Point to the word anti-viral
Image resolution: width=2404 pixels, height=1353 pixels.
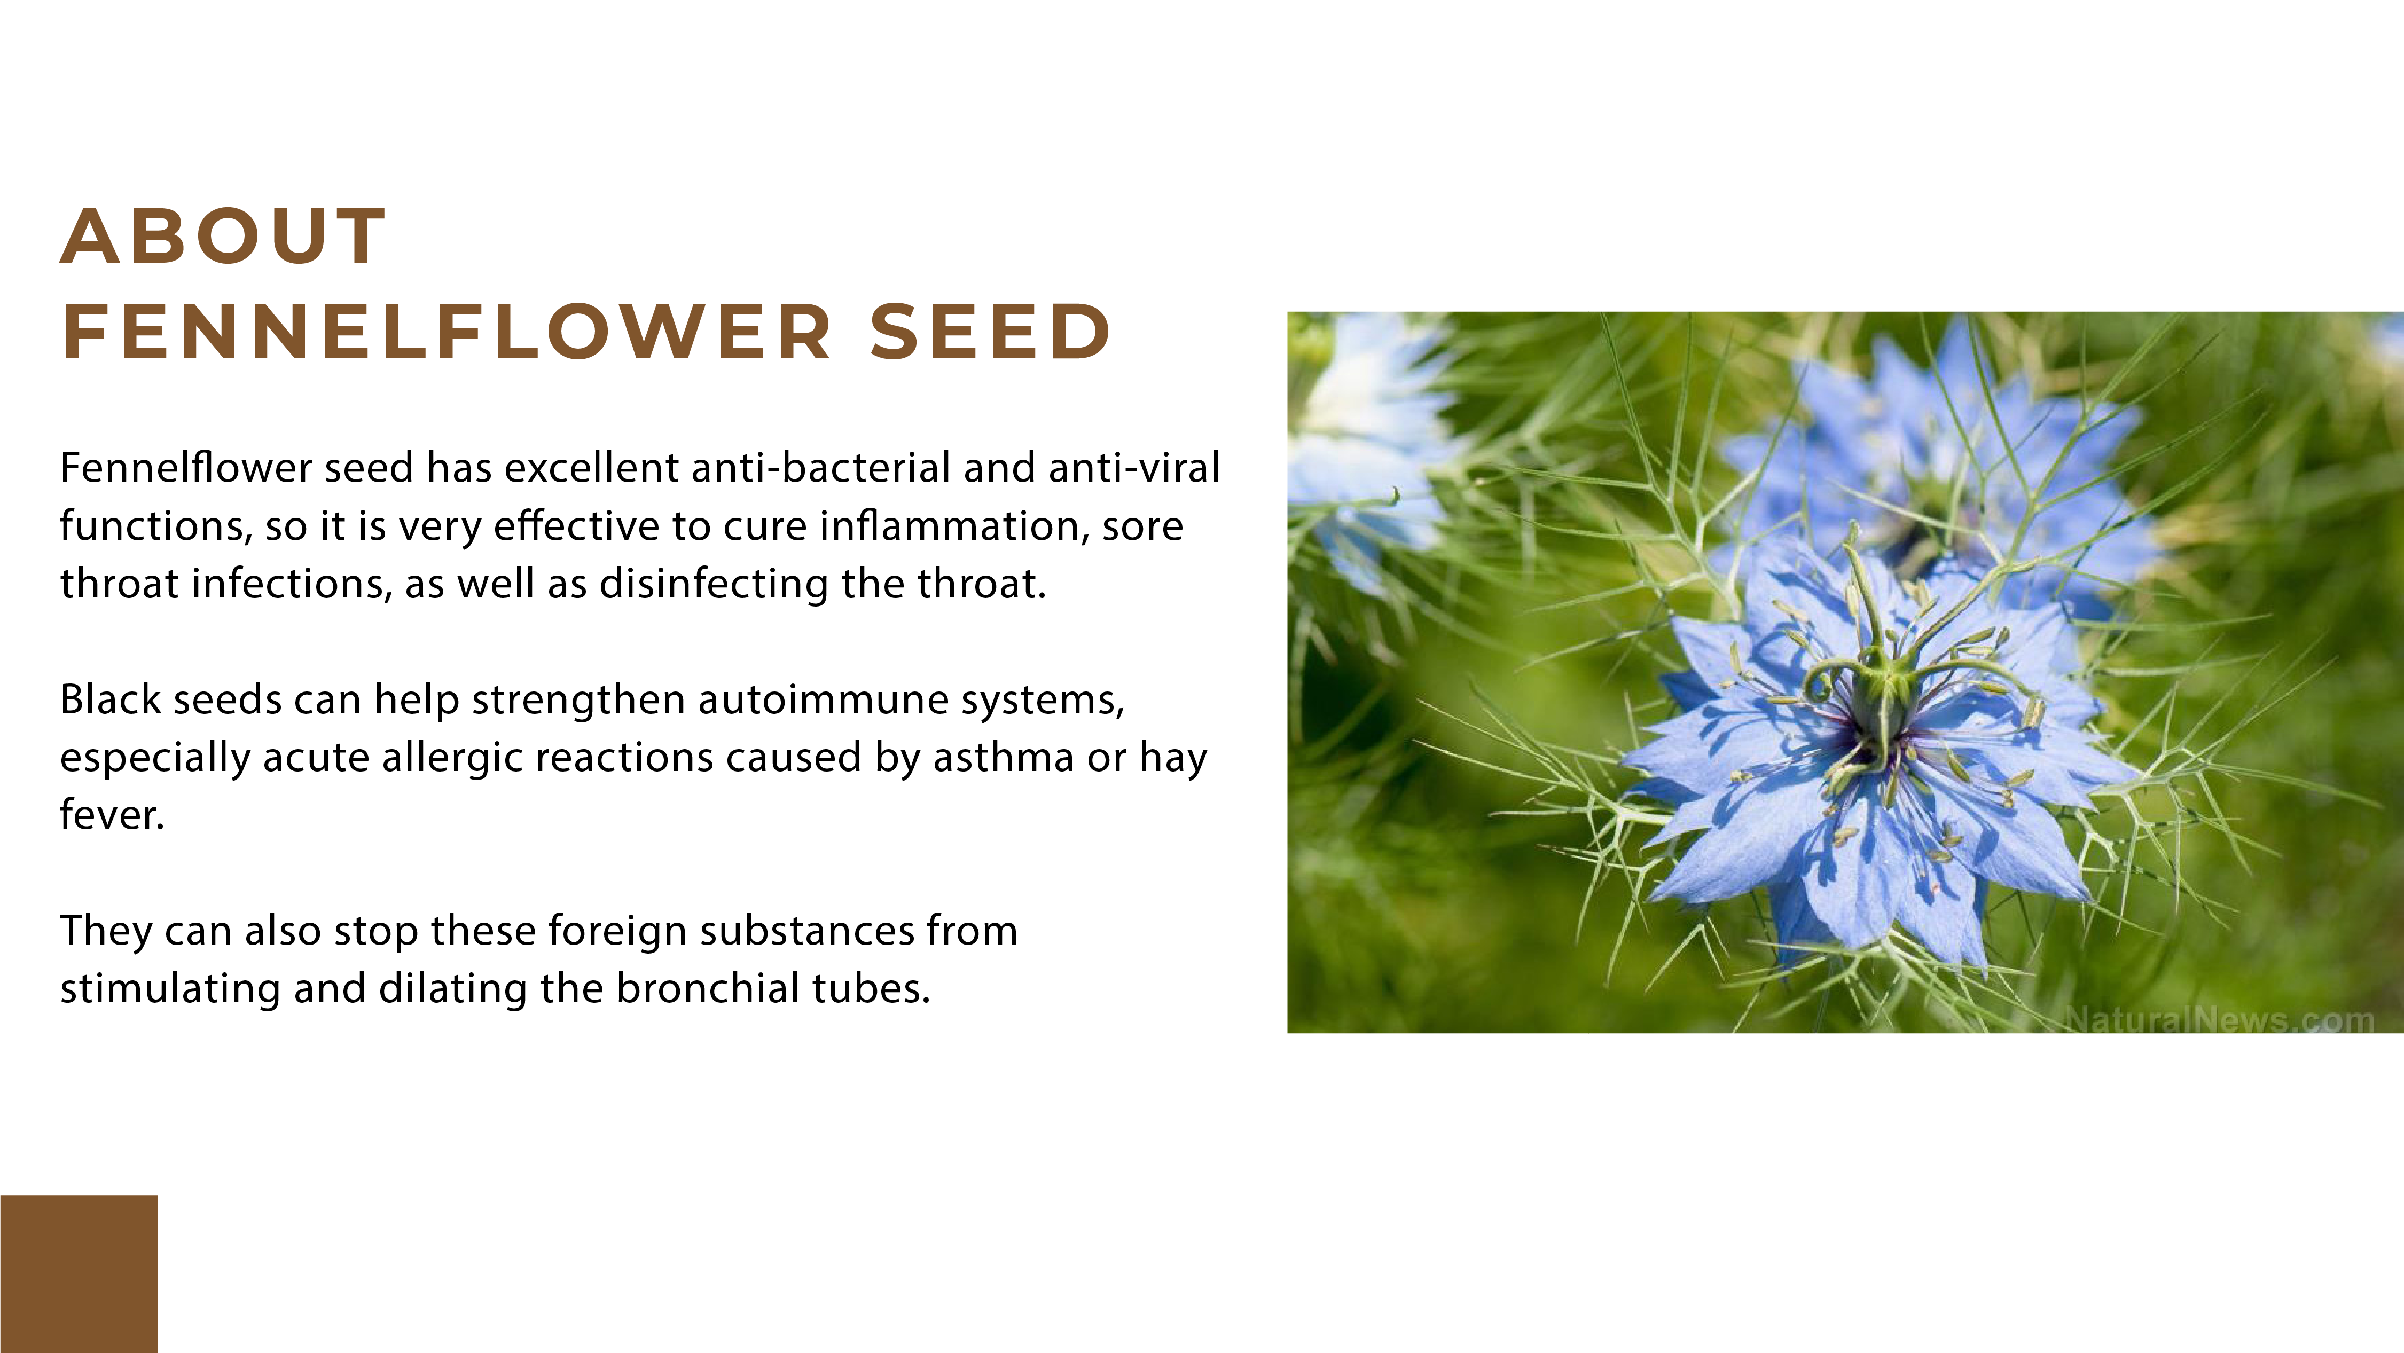tap(1134, 468)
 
